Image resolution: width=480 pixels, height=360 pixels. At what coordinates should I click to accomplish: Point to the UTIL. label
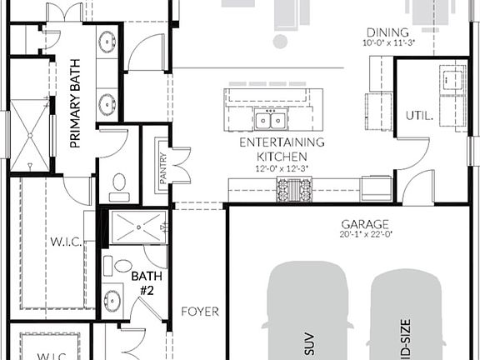pos(418,116)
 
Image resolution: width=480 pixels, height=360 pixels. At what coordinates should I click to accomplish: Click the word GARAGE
pos(364,224)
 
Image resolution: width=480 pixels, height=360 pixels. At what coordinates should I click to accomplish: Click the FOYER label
pos(200,312)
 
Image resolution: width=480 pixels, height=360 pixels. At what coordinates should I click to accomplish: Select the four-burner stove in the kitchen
pos(294,192)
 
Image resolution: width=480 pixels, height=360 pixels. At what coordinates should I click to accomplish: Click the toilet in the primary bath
pos(118,182)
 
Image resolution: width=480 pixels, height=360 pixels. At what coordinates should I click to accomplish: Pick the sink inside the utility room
pos(454,80)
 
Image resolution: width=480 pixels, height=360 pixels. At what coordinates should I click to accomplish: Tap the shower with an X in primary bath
pos(29,132)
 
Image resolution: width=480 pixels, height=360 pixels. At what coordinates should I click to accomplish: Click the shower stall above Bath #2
pos(138,226)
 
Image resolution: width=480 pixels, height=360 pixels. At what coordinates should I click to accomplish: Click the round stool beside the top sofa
pos(281,41)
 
